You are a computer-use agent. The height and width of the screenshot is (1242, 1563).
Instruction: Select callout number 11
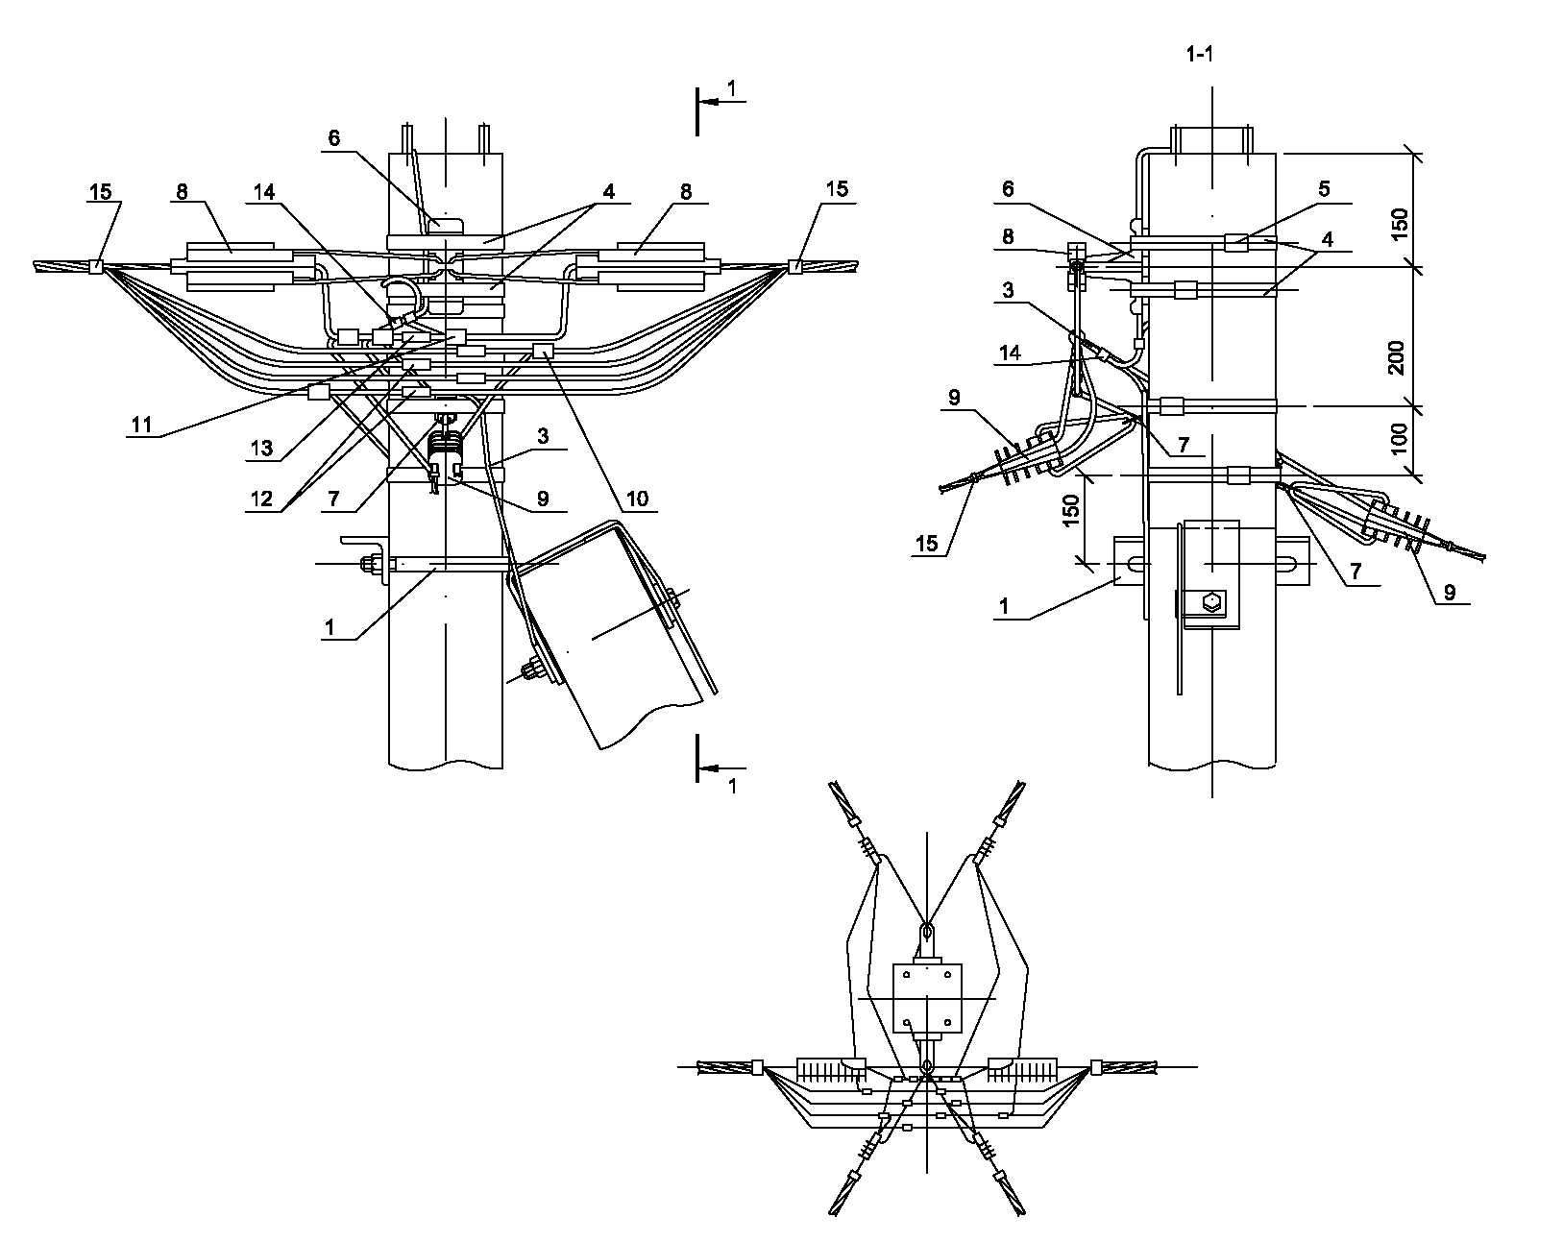click(141, 424)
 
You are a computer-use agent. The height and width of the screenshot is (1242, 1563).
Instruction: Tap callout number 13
click(260, 448)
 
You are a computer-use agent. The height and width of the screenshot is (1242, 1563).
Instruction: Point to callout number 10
click(637, 499)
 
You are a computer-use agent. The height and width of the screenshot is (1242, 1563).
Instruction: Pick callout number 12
click(261, 499)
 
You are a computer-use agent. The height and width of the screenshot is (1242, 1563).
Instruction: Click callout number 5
click(1324, 189)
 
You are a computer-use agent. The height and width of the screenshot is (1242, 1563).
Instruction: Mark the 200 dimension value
click(1397, 356)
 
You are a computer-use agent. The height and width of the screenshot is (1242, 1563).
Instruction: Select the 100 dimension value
click(1398, 438)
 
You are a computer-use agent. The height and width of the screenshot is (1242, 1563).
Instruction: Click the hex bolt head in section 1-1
click(1211, 603)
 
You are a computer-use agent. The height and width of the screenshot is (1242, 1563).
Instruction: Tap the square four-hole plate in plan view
click(927, 999)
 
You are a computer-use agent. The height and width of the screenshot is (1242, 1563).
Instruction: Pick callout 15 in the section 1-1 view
click(926, 544)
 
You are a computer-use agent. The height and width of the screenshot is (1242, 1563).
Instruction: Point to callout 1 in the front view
click(330, 626)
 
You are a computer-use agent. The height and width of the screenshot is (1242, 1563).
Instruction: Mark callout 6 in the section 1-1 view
click(1008, 189)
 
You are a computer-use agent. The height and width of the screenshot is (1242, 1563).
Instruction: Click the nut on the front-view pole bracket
click(368, 564)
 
